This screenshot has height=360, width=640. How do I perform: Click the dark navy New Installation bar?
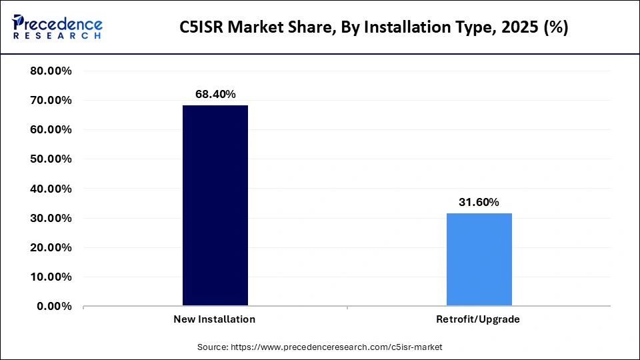click(x=215, y=205)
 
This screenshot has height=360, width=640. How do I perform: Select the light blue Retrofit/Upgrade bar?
click(x=479, y=259)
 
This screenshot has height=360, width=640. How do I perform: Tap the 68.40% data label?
click(x=215, y=95)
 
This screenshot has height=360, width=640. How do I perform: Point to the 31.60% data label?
click(x=479, y=203)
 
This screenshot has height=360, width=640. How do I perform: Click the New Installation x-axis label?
click(x=214, y=319)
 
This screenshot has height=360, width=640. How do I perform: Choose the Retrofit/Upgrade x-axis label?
click(x=478, y=319)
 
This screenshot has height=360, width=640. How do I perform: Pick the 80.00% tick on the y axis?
click(x=51, y=71)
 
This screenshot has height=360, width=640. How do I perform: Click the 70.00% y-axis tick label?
click(x=51, y=100)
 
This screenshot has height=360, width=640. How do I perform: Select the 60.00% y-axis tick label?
click(x=51, y=129)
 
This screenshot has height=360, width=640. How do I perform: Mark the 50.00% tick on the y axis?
click(x=51, y=159)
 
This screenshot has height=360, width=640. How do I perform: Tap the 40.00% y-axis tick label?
click(x=51, y=189)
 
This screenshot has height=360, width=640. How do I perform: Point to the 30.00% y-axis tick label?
click(x=51, y=218)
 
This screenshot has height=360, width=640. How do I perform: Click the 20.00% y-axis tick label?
click(x=51, y=247)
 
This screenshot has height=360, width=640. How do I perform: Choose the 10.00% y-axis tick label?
click(x=51, y=277)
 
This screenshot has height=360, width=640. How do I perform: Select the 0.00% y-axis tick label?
click(x=54, y=306)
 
